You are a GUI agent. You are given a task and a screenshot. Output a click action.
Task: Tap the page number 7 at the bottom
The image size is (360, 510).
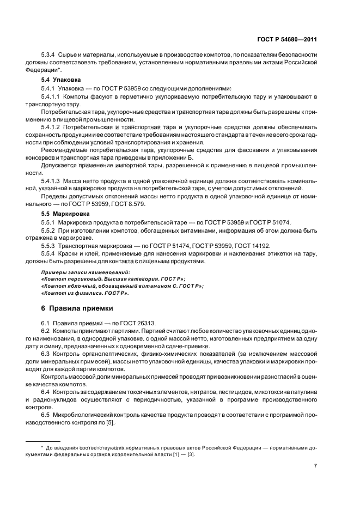tap(316, 466)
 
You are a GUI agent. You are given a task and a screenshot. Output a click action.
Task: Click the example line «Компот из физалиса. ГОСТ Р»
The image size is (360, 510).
tap(85, 293)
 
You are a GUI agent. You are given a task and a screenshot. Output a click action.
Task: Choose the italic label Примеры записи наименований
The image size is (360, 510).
tap(86, 271)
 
